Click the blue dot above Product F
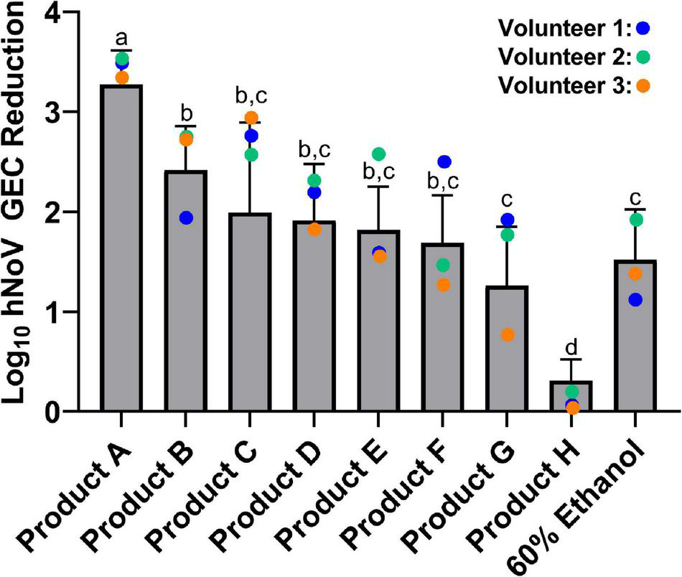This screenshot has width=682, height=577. click(444, 162)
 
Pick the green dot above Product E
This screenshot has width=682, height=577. click(379, 154)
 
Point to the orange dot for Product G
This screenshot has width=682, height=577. click(507, 334)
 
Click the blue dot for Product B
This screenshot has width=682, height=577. click(186, 217)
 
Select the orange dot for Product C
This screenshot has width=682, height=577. click(251, 118)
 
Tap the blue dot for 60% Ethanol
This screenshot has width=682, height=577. click(635, 300)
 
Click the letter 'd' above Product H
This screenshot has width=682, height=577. click(572, 348)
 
